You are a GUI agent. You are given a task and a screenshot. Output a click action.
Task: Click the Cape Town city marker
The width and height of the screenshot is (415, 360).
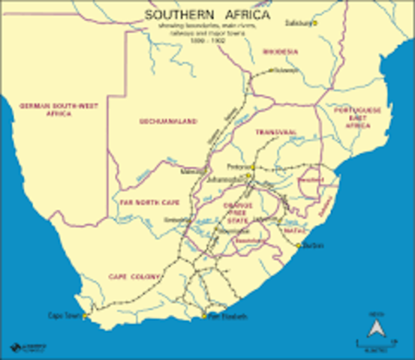click(x=85, y=316)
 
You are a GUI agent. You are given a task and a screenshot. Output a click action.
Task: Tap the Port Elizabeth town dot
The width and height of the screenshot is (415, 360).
click(x=203, y=316)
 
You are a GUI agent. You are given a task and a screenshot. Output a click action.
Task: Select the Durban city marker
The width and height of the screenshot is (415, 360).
click(x=298, y=245)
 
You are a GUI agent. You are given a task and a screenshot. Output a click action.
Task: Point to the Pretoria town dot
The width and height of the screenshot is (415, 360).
click(x=254, y=166)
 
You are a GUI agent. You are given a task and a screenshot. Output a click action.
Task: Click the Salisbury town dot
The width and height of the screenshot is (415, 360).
click(x=315, y=22)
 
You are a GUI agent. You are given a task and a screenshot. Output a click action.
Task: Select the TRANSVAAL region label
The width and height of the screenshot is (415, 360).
click(x=275, y=131)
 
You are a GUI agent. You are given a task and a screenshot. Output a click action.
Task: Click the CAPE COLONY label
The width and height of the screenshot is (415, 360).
click(x=135, y=277)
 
